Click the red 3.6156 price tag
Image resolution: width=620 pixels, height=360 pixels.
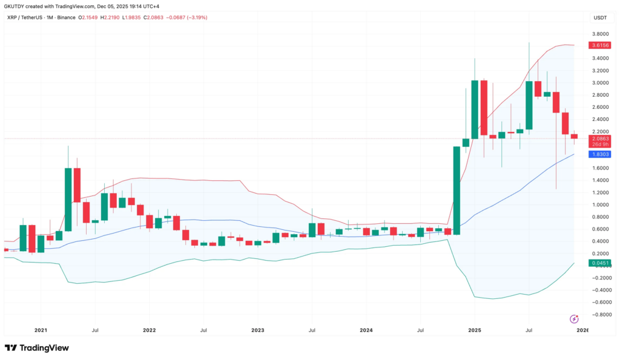point(599,45)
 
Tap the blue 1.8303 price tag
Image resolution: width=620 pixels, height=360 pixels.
point(599,154)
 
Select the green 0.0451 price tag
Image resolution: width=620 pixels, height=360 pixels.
point(599,263)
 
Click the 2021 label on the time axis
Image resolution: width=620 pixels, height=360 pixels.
point(41,330)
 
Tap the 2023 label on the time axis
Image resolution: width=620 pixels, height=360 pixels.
point(257,330)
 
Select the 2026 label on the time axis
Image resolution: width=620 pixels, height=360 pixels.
point(582,330)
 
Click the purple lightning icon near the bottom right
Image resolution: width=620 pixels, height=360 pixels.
point(574,318)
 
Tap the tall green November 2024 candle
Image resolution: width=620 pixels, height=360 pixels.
point(457,190)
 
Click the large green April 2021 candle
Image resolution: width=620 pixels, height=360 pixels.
point(68,199)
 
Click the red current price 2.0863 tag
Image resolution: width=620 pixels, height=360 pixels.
point(599,139)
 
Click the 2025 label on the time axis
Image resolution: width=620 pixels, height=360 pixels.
point(475,330)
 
